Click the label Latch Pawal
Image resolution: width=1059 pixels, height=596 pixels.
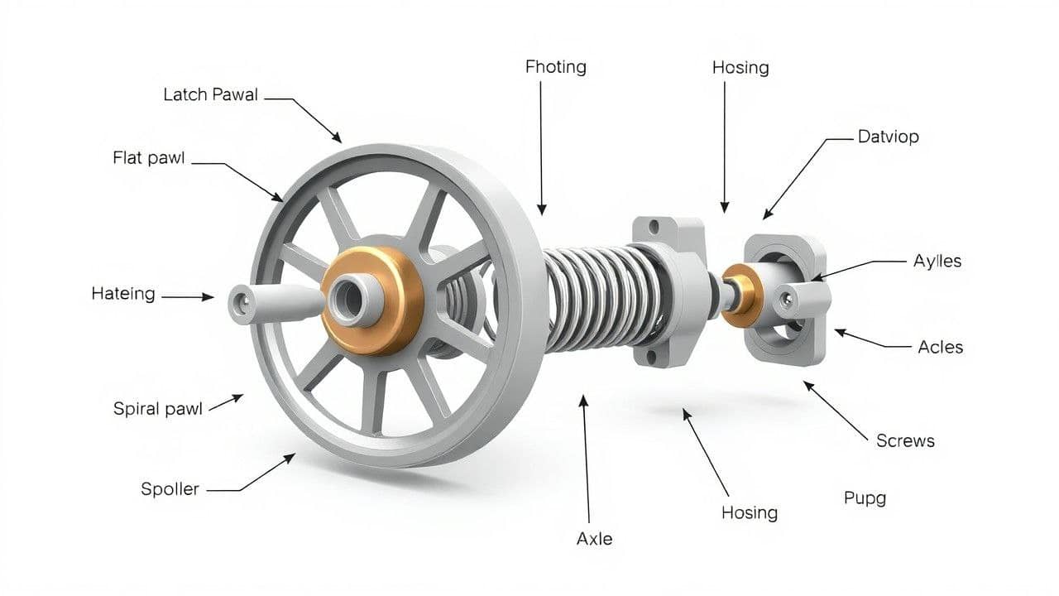click(210, 95)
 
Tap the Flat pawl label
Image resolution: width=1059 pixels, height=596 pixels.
click(149, 158)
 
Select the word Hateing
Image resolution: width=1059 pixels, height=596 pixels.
click(123, 294)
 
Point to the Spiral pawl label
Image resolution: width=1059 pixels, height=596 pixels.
click(157, 409)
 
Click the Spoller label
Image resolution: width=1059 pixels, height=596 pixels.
click(170, 489)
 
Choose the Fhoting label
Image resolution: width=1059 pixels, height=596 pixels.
click(555, 67)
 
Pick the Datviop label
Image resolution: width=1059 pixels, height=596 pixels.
click(888, 137)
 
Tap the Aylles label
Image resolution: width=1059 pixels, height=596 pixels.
click(937, 261)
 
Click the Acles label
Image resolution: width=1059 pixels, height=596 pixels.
click(941, 347)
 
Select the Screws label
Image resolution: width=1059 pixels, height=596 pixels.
click(905, 441)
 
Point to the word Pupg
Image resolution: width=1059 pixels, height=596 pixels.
click(865, 498)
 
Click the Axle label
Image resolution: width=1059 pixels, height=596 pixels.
click(594, 539)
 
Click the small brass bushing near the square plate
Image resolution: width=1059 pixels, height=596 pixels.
click(740, 293)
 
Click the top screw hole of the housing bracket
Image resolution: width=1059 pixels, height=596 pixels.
click(654, 224)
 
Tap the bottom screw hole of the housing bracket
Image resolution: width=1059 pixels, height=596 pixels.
click(651, 357)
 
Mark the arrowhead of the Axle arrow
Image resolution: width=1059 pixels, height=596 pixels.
click(583, 400)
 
